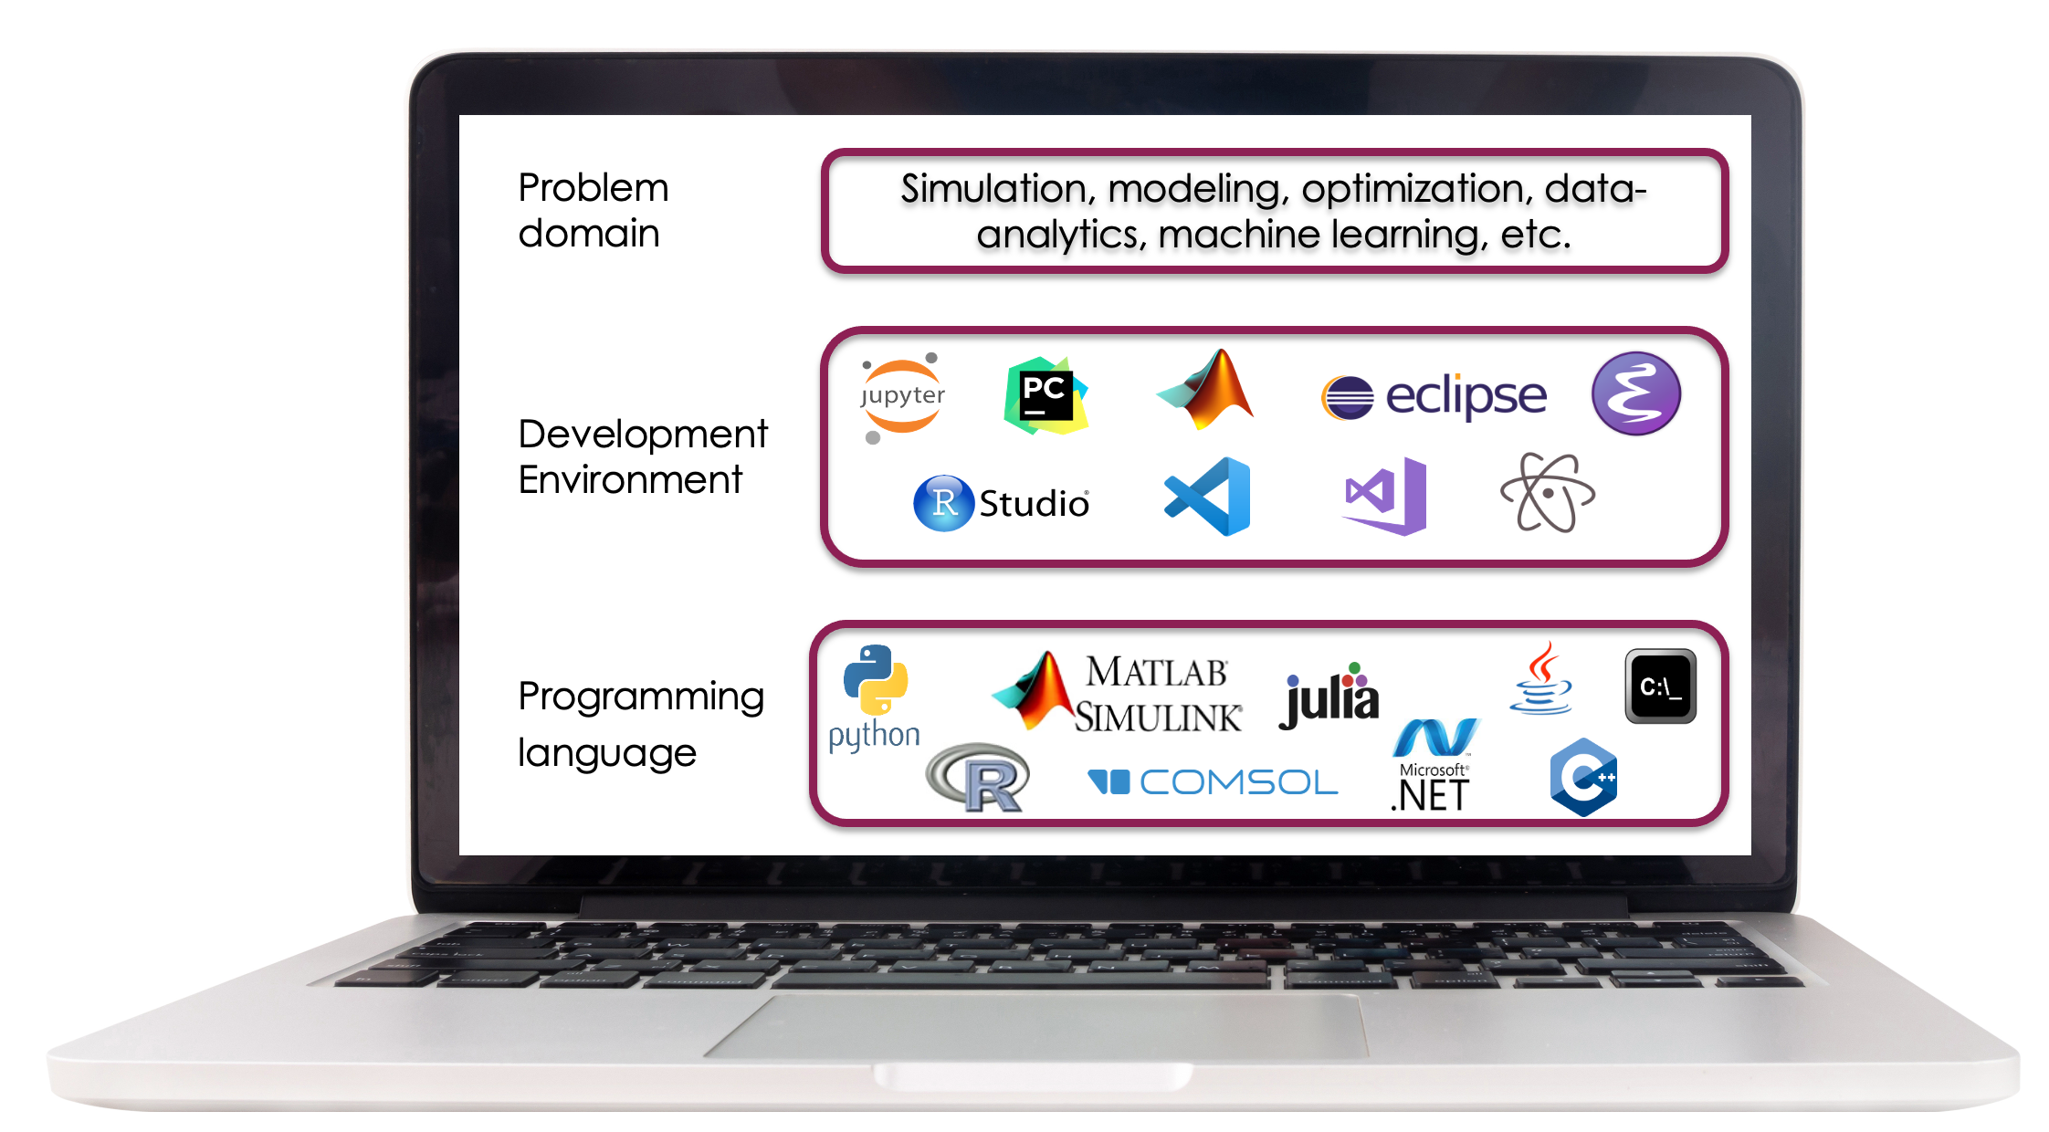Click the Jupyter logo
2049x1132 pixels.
point(902,398)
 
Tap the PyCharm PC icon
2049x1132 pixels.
point(1046,396)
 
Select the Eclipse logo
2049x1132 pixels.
point(1434,396)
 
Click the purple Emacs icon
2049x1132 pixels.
point(1635,393)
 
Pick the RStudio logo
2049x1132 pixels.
point(1002,503)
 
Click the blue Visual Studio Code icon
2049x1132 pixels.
point(1207,497)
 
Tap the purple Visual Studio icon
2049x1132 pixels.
point(1385,496)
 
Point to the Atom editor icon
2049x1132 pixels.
point(1548,493)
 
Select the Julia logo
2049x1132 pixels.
point(1329,696)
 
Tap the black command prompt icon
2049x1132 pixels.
point(1660,687)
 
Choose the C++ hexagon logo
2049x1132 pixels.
point(1583,777)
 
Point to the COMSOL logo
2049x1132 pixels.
point(1213,782)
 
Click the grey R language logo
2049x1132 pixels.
point(978,778)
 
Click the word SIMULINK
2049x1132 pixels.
point(1158,718)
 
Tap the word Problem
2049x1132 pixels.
point(594,188)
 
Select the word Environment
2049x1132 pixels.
point(630,480)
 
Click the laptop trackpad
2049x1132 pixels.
point(1035,1026)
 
